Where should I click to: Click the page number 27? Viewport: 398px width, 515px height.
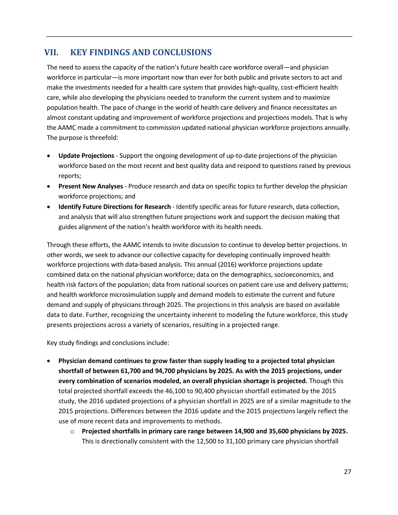point(347,472)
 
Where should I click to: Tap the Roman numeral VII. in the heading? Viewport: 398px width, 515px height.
point(51,53)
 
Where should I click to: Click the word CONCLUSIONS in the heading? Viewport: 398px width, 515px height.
point(182,53)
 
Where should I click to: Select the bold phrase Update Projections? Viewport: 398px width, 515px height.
point(86,156)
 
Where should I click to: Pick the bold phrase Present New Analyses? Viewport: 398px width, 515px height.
point(90,186)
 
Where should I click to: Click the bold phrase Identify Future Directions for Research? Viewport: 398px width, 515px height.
point(114,207)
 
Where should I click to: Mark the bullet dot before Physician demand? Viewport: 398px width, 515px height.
point(50,361)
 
